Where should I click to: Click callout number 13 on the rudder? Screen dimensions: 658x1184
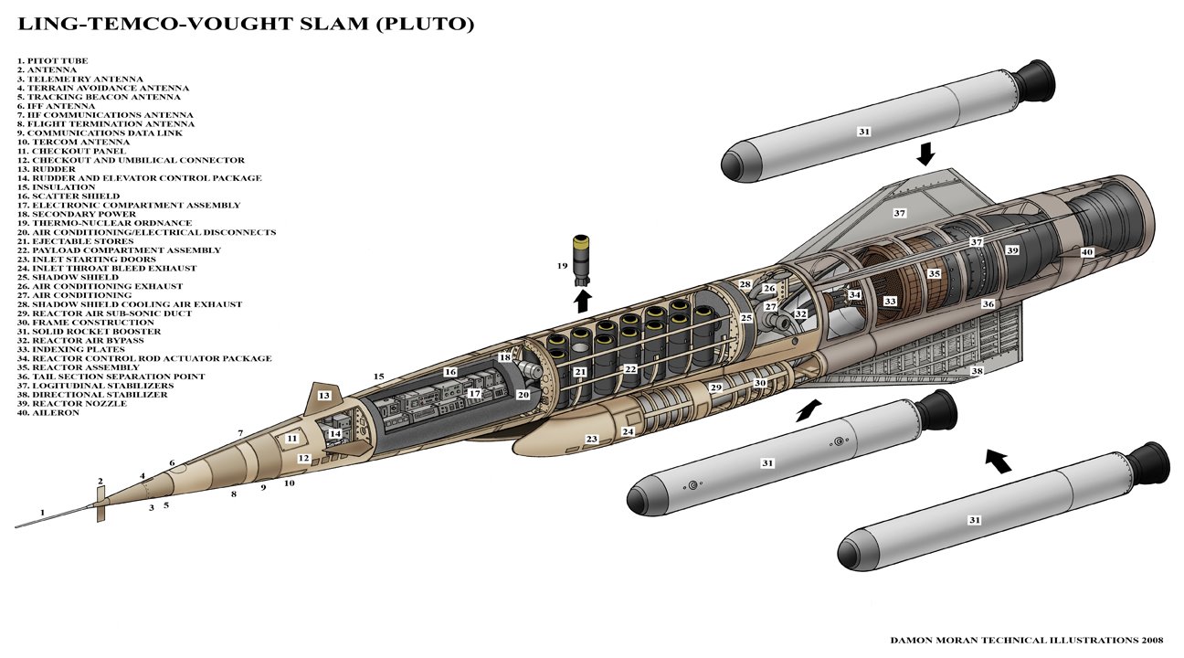point(323,396)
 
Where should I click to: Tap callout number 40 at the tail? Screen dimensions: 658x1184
point(1087,252)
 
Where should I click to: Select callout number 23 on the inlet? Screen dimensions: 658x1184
point(591,440)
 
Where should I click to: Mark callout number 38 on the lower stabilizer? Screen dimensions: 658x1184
point(977,371)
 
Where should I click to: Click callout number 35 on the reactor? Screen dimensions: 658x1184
point(934,273)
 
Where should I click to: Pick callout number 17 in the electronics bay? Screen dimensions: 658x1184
point(474,393)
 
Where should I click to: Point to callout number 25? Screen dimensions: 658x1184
point(746,318)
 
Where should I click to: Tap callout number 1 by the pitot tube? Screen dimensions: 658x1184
point(42,513)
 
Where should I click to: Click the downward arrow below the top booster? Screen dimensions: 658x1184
point(925,153)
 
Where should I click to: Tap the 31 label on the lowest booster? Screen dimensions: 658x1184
point(974,520)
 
